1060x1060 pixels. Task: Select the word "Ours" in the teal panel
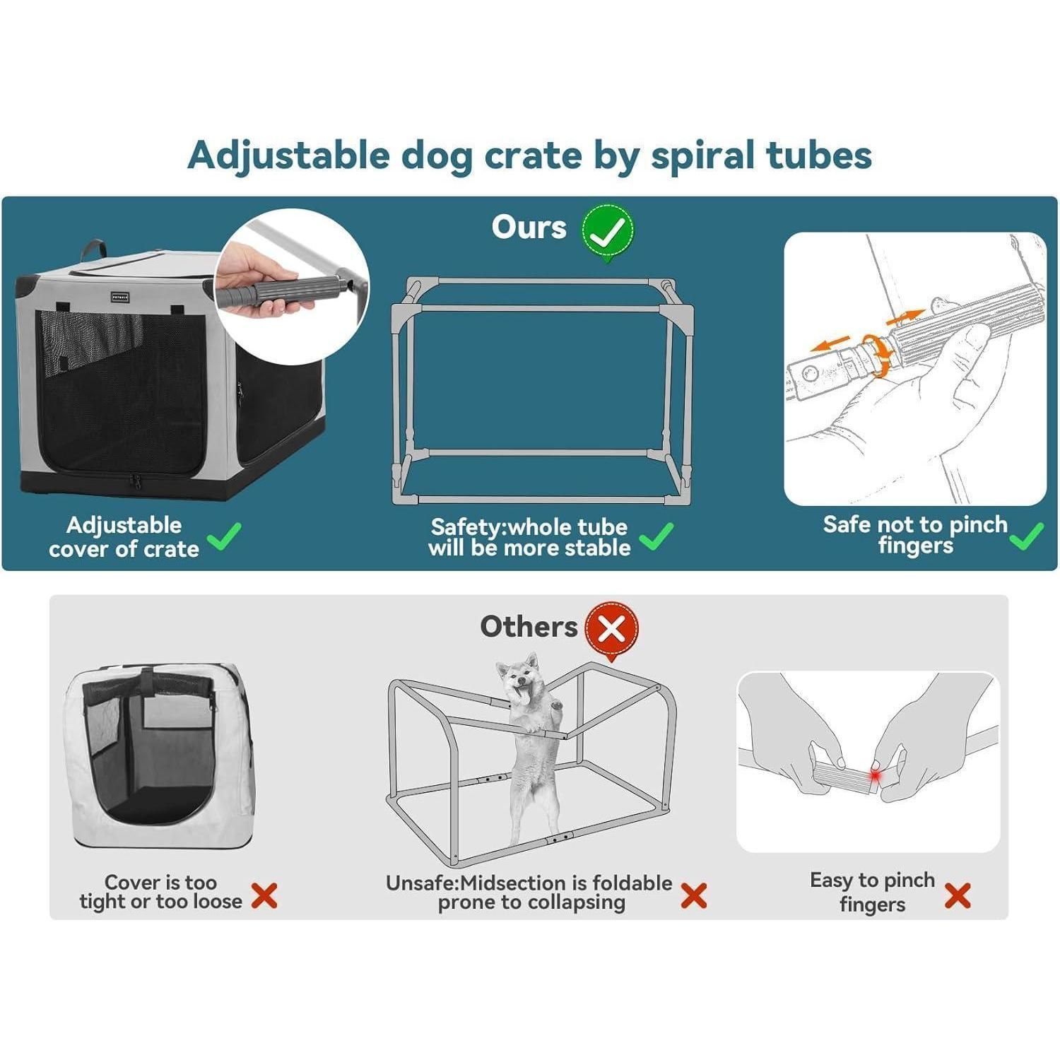pyautogui.click(x=529, y=228)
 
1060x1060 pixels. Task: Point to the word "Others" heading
pyautogui.click(x=529, y=627)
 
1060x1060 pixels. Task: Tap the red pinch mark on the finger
pyautogui.click(x=876, y=776)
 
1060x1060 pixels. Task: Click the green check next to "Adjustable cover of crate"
pyautogui.click(x=225, y=537)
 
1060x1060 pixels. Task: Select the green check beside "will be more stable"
pyautogui.click(x=656, y=536)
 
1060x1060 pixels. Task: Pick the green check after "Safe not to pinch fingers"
pyautogui.click(x=1027, y=536)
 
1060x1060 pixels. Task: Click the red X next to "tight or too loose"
pyautogui.click(x=264, y=896)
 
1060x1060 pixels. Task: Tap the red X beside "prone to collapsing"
pyautogui.click(x=694, y=895)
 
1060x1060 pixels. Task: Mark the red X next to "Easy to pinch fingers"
pyautogui.click(x=958, y=895)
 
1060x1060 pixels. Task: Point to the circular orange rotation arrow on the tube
pyautogui.click(x=878, y=355)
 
